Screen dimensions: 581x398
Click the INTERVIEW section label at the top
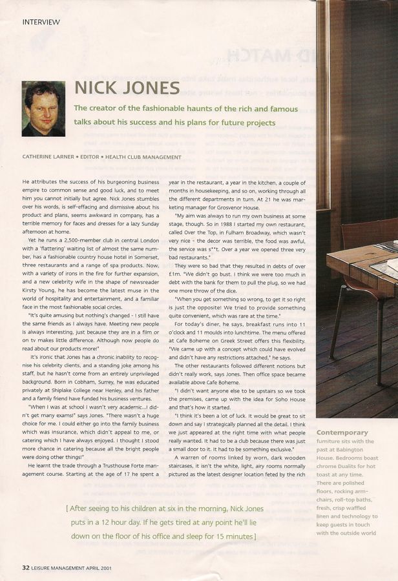[41, 22]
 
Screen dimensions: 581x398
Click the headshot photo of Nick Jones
[43, 108]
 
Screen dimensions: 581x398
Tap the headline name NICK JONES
[127, 88]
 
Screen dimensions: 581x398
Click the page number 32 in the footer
[26, 568]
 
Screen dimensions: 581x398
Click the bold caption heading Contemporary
[342, 433]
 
